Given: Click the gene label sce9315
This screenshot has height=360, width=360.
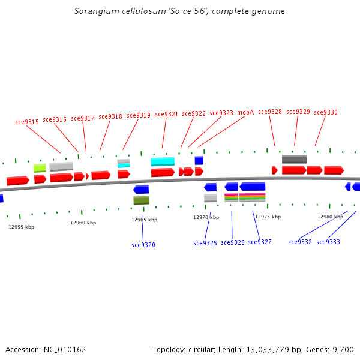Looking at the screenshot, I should (27, 122).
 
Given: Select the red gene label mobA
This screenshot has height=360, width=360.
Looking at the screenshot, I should (245, 112).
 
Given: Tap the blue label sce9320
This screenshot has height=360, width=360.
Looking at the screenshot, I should (143, 245).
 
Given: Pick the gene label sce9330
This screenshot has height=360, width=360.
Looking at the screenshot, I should (326, 112).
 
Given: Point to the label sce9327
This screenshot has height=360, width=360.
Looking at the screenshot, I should (260, 242).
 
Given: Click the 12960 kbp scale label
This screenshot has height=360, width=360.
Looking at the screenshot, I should (83, 223).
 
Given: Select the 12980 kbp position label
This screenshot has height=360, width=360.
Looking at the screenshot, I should (330, 217).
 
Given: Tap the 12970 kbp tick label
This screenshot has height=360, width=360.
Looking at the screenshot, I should (206, 217).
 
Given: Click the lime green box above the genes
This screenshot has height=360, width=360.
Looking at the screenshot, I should (40, 168).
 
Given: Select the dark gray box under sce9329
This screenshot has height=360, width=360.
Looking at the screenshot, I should (294, 159).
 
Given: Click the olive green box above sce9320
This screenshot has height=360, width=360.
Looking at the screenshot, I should (141, 200).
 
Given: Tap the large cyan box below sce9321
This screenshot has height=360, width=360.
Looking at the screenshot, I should (163, 161).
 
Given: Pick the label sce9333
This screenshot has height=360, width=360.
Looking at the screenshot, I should (328, 242).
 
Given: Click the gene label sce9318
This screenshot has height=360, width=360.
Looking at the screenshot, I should (110, 116).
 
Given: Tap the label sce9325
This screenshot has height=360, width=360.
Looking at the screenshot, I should (205, 243).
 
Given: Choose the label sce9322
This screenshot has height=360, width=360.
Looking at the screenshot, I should (194, 113).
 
